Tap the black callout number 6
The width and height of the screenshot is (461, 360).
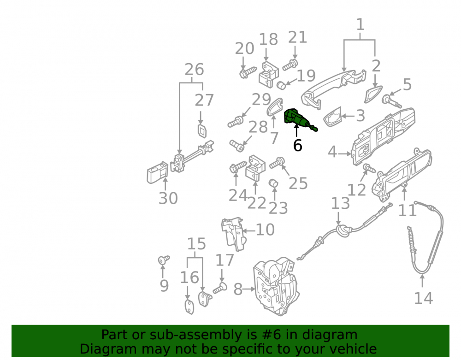click(297, 146)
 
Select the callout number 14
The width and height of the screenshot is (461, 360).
click(423, 298)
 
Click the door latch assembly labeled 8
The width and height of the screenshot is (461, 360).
click(276, 287)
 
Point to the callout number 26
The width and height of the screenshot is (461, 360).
click(194, 70)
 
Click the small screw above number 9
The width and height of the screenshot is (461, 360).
click(164, 260)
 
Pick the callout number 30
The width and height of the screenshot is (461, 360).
click(168, 198)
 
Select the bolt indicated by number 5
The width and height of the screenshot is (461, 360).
click(392, 101)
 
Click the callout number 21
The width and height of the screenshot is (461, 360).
click(297, 37)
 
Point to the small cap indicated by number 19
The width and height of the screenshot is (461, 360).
click(281, 85)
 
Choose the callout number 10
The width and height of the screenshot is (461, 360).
click(265, 230)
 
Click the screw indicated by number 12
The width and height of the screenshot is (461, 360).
click(369, 168)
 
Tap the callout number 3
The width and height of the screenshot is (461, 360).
click(361, 116)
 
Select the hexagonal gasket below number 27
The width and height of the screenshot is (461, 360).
click(202, 131)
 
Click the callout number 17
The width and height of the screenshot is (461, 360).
click(225, 260)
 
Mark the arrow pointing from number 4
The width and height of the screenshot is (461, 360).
click(344, 153)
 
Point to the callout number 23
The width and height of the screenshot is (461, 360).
click(278, 208)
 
